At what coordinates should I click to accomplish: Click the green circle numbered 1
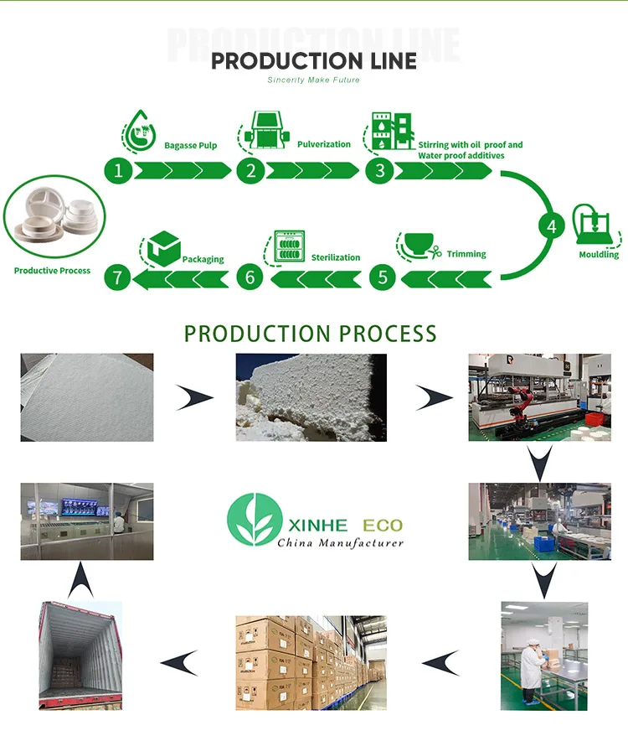pos(119,171)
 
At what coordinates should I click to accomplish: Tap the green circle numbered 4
pos(551,225)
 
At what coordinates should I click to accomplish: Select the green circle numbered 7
pos(118,277)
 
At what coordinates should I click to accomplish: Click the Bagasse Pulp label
pos(191,145)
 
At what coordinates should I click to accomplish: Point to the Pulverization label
pos(324,144)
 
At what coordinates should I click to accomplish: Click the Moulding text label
pos(599,254)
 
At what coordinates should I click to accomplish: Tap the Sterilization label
pos(336,257)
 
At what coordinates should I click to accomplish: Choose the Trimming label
pos(466,253)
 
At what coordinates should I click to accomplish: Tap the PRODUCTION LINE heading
pos(313,60)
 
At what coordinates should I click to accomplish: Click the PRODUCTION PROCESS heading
pos(311,333)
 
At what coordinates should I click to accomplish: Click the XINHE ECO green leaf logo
pos(253,521)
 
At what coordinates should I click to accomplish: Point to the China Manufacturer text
pos(340,543)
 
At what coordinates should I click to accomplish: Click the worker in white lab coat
pos(533,666)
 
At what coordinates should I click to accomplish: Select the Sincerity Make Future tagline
pos(313,80)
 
